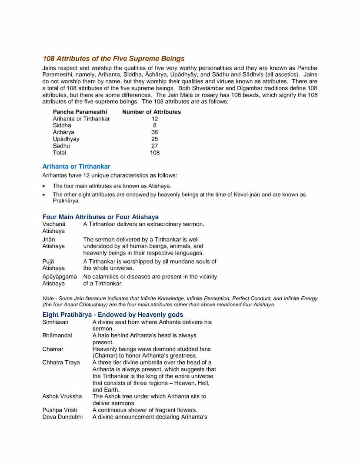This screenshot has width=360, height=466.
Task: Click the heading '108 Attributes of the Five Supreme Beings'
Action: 113,59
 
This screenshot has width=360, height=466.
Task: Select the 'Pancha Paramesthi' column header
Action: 80,112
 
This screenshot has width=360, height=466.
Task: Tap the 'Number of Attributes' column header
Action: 151,112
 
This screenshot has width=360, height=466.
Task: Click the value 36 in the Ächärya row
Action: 154,132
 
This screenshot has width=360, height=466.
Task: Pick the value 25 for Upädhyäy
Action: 154,139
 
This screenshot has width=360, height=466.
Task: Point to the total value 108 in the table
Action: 154,153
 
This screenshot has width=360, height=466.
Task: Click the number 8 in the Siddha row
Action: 154,125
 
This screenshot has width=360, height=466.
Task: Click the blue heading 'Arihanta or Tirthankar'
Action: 76,167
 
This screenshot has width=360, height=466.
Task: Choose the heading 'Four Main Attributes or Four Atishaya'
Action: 100,217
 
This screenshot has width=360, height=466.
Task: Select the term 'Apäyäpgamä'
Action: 60,276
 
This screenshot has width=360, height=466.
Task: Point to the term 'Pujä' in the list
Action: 48,261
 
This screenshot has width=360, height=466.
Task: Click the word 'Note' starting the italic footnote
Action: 48,298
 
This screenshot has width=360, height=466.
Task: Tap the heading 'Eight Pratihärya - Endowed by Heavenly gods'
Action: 113,315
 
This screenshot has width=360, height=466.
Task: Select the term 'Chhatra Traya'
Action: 61,362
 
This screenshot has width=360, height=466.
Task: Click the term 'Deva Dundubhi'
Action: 62,417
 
